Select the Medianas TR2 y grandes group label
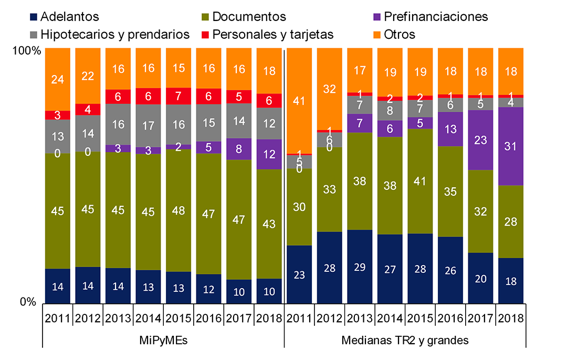(x=405, y=340)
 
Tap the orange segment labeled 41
(x=300, y=101)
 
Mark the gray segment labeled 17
(x=149, y=125)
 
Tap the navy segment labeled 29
(x=360, y=267)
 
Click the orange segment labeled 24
(x=58, y=79)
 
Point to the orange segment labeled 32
(x=330, y=89)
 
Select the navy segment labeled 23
(x=300, y=274)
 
